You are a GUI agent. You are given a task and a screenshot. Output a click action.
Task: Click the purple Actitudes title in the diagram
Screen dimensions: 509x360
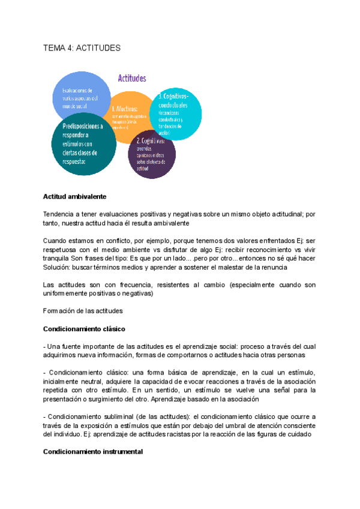[x=131, y=78]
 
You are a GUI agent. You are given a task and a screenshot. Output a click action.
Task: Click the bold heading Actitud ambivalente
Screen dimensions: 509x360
[x=74, y=196]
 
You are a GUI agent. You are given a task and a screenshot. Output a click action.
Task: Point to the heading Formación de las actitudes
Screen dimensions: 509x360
[x=83, y=310]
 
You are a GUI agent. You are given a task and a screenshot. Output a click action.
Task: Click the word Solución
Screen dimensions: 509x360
[x=59, y=267]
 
